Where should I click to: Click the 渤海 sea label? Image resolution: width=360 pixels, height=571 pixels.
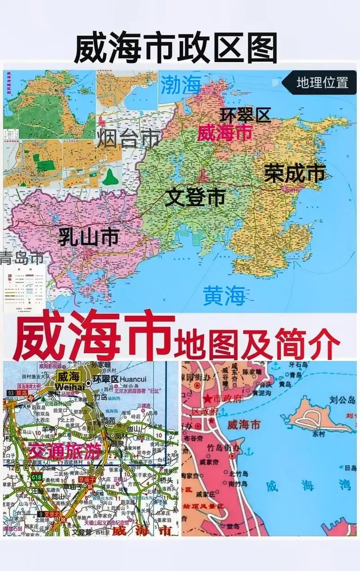(181, 85)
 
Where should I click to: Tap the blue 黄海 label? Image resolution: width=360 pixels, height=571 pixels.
(224, 296)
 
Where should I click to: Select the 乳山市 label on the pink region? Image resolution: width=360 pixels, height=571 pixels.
(89, 237)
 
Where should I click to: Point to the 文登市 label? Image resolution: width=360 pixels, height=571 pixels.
(195, 197)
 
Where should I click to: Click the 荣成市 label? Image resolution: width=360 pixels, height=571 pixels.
(295, 173)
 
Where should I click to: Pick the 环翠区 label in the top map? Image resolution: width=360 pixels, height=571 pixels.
(245, 115)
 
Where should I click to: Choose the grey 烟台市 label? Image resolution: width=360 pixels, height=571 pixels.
(129, 138)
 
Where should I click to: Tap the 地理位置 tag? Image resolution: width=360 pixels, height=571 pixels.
(322, 83)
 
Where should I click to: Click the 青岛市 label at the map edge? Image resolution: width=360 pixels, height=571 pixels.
(22, 258)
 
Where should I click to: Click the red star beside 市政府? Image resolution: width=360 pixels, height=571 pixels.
(208, 399)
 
